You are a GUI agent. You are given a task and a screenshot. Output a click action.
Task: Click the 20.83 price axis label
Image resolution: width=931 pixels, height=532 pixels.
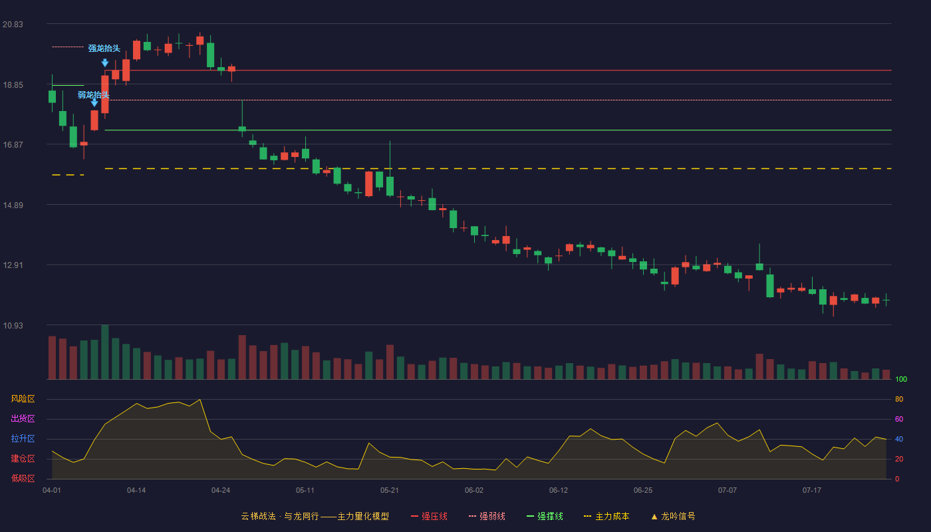[13, 25]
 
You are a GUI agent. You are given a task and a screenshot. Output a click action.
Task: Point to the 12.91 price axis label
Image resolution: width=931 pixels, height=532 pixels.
[13, 265]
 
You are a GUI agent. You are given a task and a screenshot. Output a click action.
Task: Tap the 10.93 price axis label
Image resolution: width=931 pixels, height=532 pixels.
[13, 325]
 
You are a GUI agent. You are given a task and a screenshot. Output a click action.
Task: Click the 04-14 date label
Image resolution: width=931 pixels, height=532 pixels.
[136, 491]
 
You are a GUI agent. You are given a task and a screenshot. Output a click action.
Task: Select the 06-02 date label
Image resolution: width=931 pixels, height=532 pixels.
[473, 491]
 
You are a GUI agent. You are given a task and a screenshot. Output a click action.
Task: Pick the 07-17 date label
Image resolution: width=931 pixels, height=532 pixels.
[812, 491]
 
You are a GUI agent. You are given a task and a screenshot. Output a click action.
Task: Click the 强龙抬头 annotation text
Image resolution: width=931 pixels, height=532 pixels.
[104, 48]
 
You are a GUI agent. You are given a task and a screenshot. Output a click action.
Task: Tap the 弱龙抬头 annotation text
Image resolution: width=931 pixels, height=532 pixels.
[94, 94]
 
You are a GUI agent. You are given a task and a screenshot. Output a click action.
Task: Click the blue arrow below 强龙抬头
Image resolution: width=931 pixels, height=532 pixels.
[105, 63]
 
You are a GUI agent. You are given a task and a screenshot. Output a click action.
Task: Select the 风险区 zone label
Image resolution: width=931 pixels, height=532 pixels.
[23, 399]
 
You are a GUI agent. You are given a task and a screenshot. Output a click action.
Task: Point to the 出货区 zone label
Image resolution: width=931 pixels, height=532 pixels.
[23, 418]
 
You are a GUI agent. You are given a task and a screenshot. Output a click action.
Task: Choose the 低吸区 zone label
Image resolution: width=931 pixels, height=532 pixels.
[23, 478]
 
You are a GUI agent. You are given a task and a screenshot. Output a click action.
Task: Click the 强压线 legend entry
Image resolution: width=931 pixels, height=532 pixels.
[430, 516]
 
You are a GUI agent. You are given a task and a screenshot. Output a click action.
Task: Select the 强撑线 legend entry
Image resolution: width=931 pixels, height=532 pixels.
[545, 516]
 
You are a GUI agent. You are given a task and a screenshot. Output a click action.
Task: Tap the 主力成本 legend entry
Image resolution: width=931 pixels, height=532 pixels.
[606, 516]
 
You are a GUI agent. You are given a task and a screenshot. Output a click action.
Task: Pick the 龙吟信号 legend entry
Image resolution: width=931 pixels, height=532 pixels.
[673, 516]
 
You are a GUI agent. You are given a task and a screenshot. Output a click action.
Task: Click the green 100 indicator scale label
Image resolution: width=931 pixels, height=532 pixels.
[901, 379]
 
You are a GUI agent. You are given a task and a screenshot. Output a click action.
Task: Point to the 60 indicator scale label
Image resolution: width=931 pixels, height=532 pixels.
[899, 419]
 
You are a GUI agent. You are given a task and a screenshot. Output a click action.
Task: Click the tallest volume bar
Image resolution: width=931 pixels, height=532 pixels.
[105, 352]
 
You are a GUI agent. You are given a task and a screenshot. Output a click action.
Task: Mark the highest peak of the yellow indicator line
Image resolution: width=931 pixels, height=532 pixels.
[200, 400]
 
